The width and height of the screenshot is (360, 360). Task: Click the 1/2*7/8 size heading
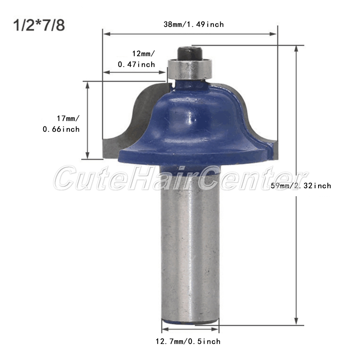[x=39, y=25]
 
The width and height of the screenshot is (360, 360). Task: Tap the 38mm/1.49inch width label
[x=194, y=24]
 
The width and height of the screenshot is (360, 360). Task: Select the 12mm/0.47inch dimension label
[x=136, y=59]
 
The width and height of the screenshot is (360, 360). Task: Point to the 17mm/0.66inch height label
[x=61, y=124]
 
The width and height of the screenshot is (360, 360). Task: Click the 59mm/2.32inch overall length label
[x=301, y=185]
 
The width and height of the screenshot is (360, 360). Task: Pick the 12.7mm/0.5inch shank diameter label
[x=188, y=341]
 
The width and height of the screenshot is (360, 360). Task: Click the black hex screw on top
[x=190, y=53]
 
